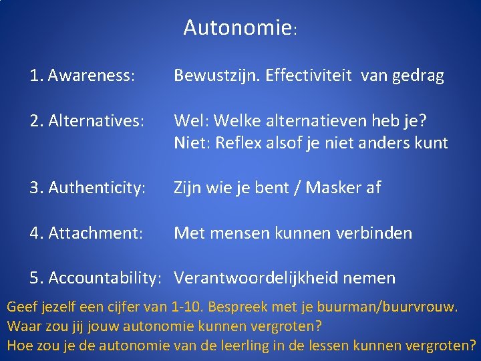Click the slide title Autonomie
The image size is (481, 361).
(x=237, y=28)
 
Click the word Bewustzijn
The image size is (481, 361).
(x=215, y=76)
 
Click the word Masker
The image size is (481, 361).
(x=331, y=189)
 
